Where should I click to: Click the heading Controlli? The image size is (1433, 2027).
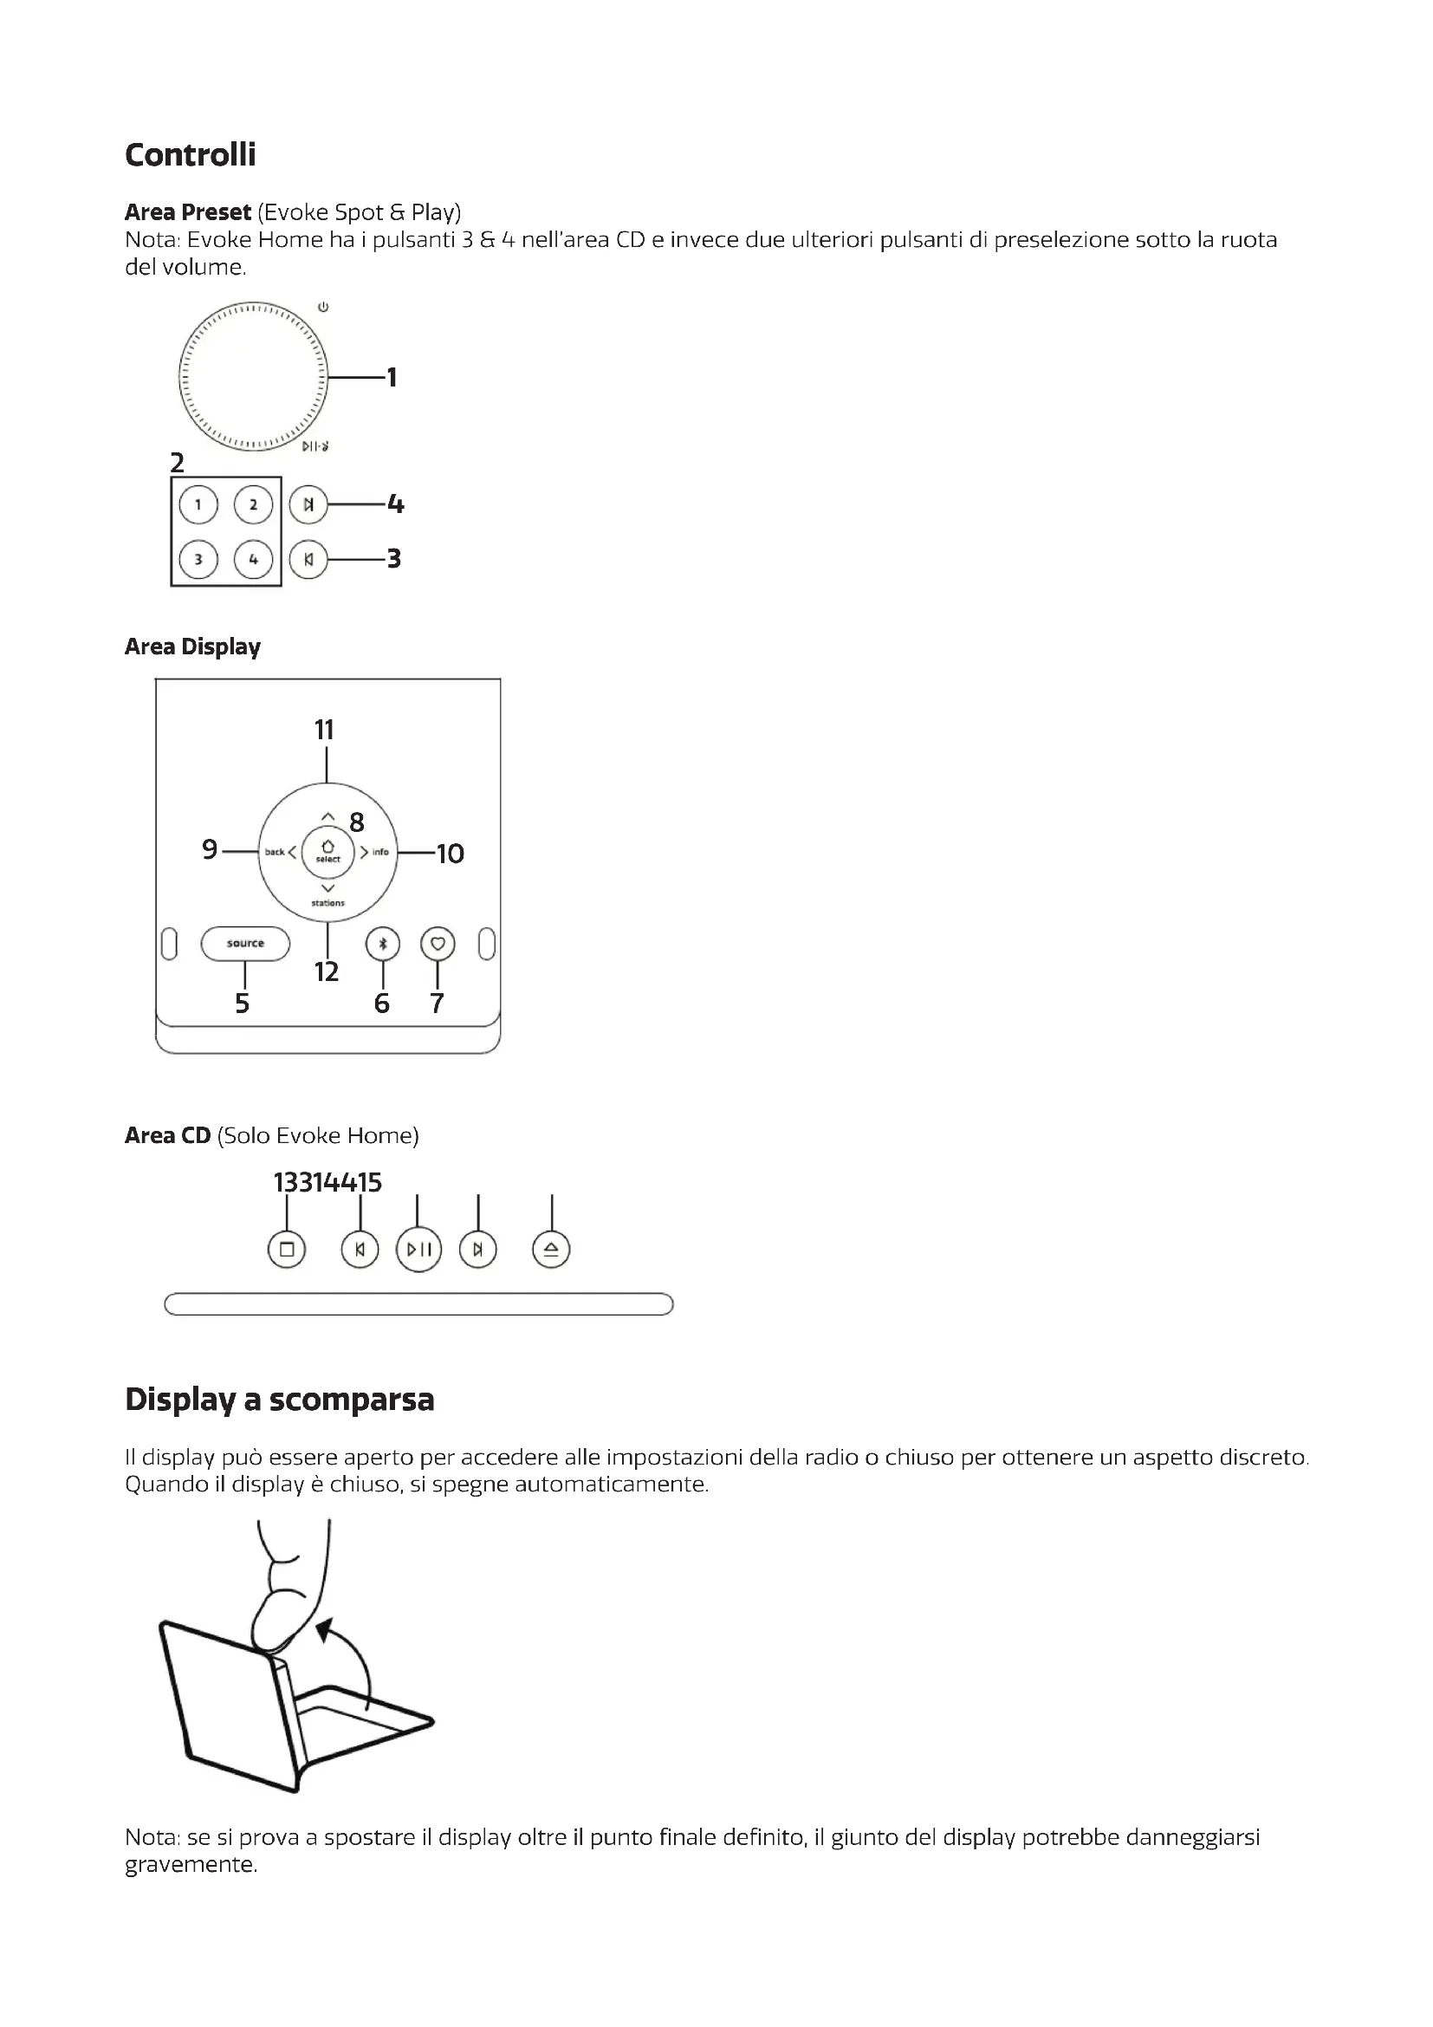(191, 154)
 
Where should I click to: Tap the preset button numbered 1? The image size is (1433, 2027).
(198, 505)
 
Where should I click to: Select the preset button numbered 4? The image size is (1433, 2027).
(253, 560)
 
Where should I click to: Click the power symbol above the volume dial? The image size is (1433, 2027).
(324, 308)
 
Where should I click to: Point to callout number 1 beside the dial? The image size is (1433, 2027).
(392, 378)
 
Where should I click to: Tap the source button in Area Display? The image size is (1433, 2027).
(245, 944)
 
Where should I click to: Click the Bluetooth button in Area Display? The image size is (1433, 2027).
(383, 944)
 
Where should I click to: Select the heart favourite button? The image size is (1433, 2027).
(438, 944)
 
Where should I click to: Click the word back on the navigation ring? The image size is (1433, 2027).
(275, 852)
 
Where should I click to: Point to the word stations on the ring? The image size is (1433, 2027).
(327, 903)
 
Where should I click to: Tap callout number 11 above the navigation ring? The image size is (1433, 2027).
(325, 730)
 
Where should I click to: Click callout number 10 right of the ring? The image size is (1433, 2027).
(450, 854)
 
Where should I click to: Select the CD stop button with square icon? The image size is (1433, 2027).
(287, 1250)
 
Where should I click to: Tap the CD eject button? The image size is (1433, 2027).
(552, 1250)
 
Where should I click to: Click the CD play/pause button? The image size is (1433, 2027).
(419, 1250)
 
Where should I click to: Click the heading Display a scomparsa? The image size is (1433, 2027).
(280, 1400)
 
